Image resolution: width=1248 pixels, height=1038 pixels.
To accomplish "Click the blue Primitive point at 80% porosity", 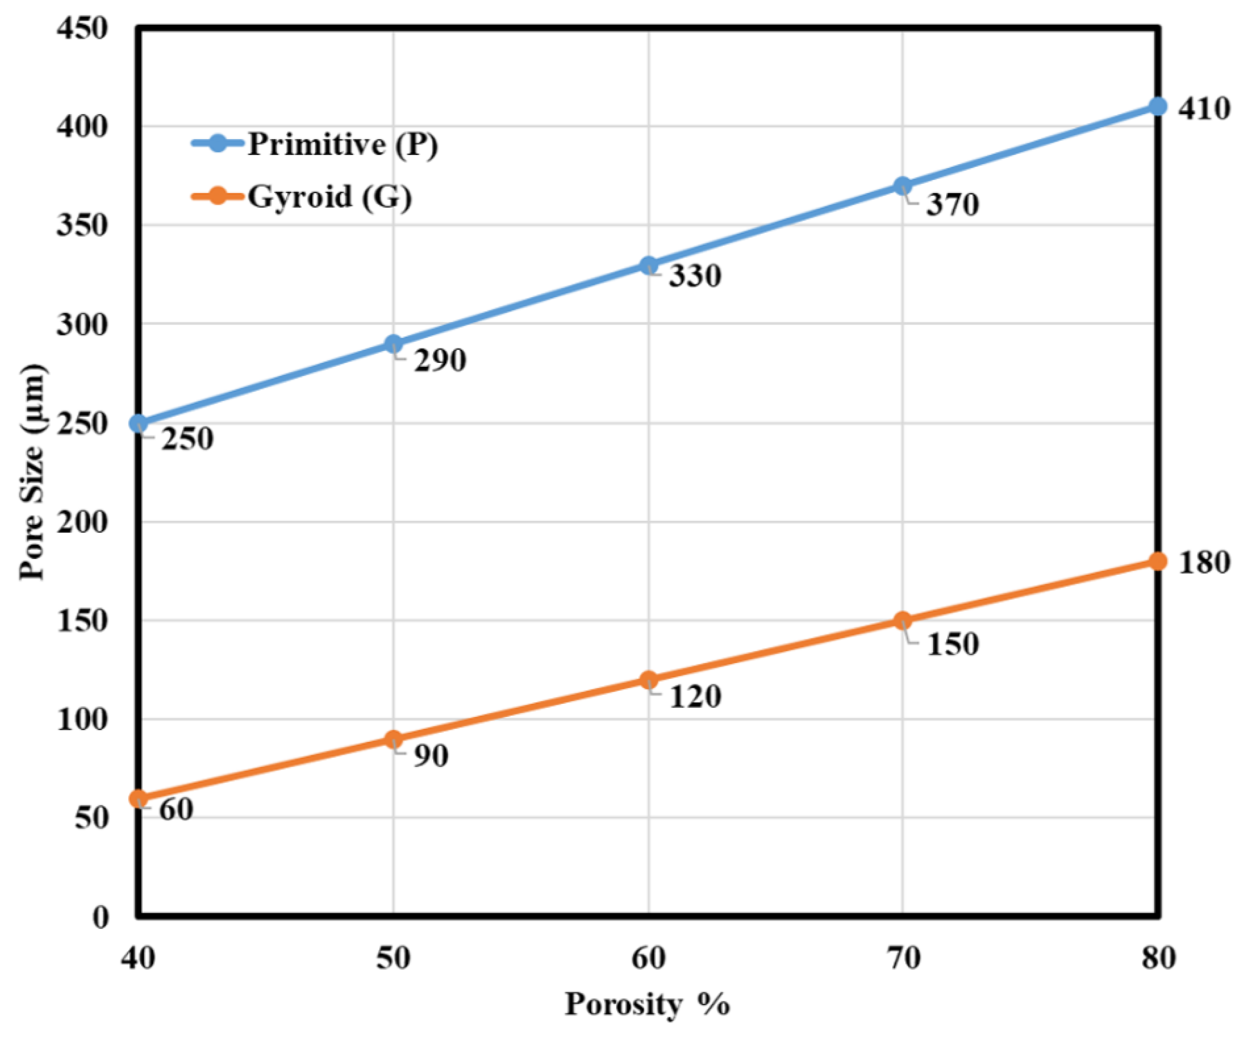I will tap(1157, 107).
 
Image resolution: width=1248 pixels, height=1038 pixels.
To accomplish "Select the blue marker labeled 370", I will tap(902, 186).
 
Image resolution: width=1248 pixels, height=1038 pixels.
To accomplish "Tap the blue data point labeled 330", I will tap(649, 265).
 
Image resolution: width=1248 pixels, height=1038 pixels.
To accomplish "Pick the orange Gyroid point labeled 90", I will tap(393, 739).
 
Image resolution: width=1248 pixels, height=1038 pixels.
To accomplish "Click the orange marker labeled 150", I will tap(902, 620).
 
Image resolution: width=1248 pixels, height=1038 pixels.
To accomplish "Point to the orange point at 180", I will tap(1157, 561).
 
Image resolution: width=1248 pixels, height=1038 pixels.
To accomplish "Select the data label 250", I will tap(187, 440).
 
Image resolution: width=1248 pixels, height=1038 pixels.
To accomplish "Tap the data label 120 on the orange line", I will tap(695, 696).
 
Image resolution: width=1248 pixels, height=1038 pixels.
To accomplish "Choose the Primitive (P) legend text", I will tap(343, 144).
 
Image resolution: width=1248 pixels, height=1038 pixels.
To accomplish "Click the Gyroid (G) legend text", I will tap(330, 196).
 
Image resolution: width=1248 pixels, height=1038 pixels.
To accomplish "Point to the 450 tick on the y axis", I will tap(82, 28).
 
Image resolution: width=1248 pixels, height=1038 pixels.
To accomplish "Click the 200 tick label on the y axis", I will tap(82, 522).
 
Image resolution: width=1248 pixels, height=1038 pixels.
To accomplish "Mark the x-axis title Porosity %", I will tap(647, 1005).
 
